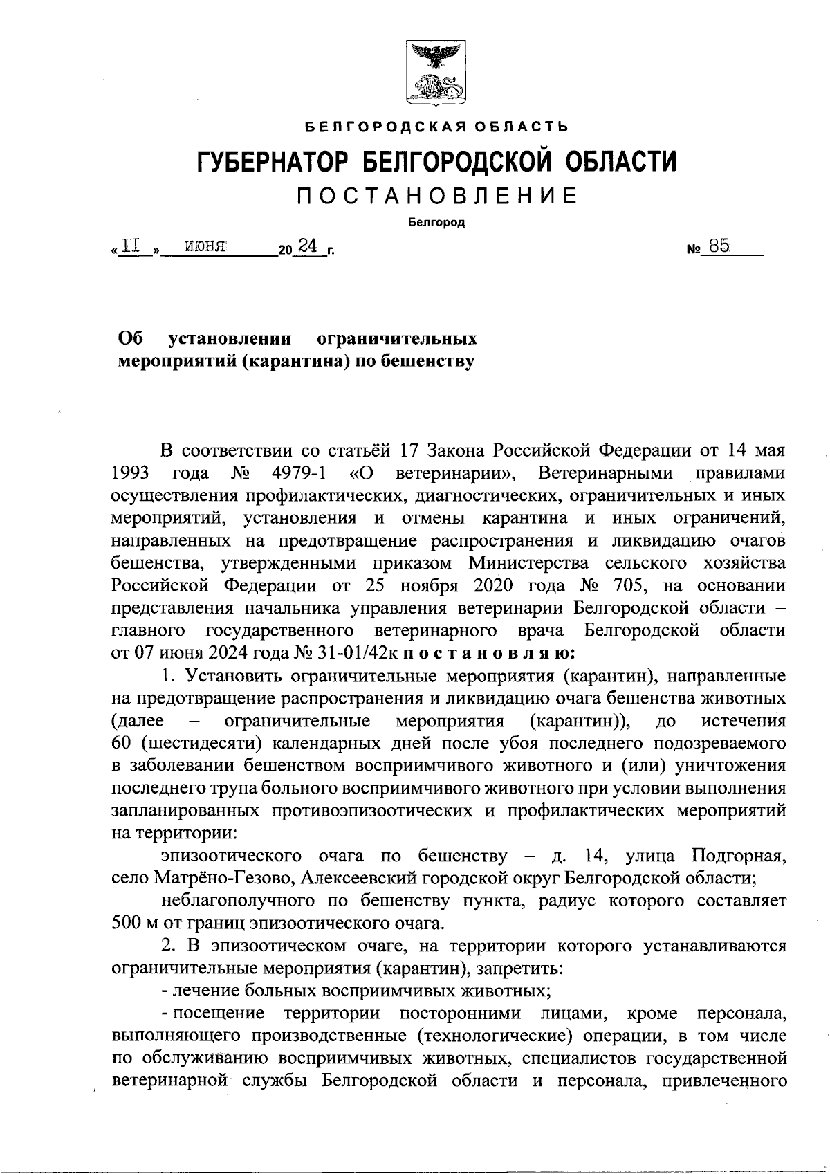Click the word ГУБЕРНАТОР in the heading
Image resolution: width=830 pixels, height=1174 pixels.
click(274, 163)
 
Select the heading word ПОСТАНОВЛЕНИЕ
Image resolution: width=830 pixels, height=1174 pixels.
click(436, 196)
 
